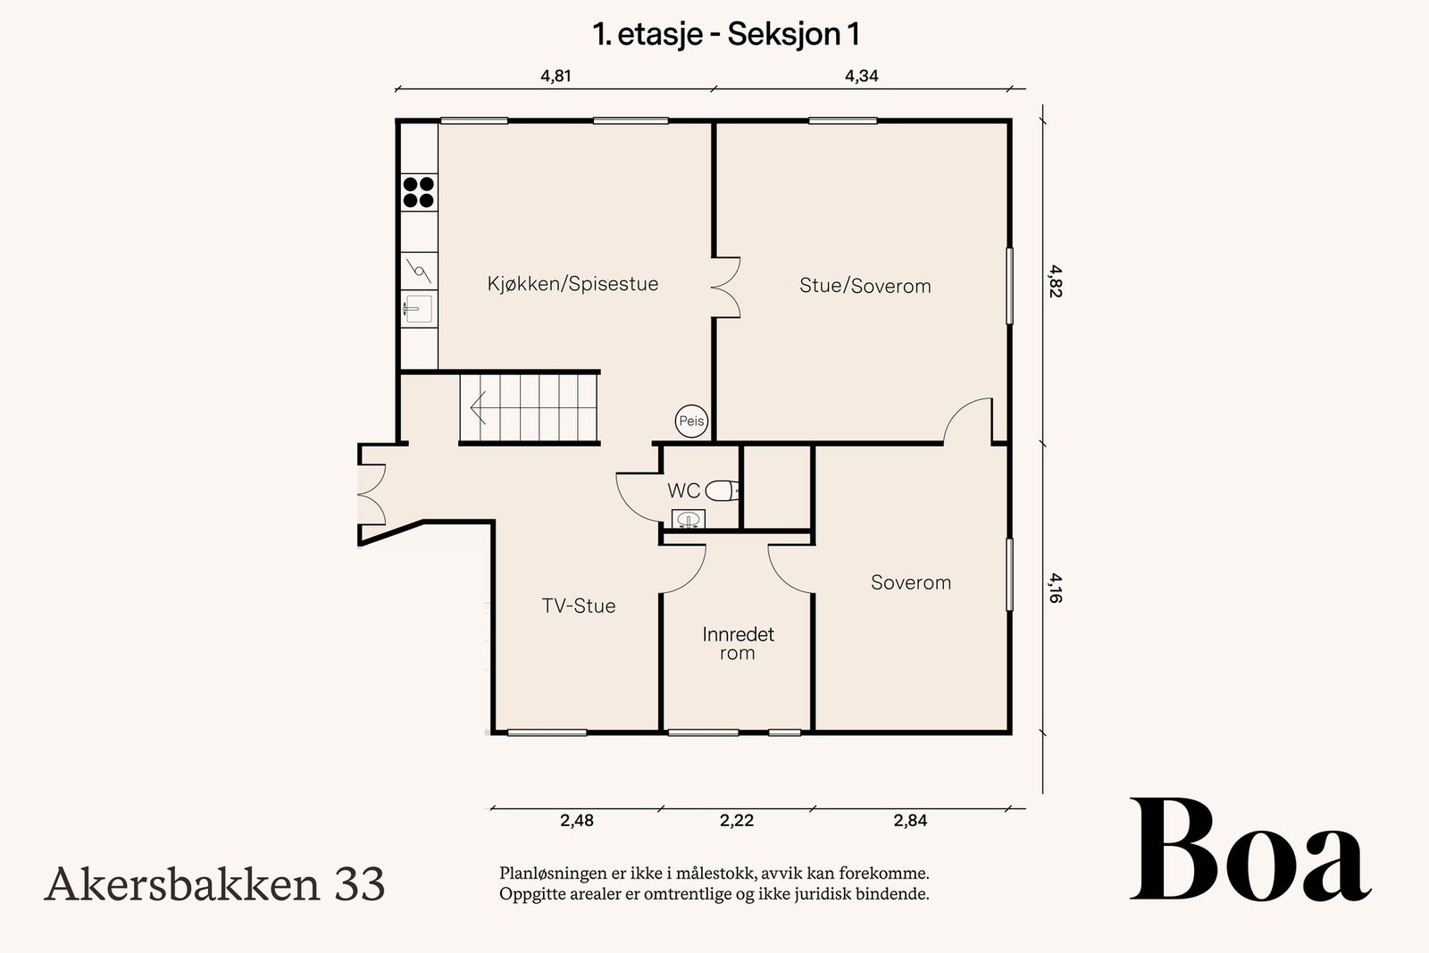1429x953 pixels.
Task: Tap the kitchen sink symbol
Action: tap(418, 309)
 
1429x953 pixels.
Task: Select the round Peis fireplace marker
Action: tap(691, 421)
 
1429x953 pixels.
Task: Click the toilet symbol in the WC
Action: tap(723, 490)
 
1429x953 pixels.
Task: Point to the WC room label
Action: tap(684, 490)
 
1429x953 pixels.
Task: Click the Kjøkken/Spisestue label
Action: tap(572, 284)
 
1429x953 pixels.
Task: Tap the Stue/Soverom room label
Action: tap(865, 286)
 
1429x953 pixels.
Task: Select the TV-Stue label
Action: tap(579, 606)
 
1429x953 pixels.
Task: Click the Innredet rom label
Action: tap(738, 643)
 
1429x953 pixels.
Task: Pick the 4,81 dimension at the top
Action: tap(556, 76)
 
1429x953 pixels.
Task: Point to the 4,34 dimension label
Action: tap(862, 76)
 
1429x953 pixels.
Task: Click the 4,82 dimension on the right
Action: tap(1055, 281)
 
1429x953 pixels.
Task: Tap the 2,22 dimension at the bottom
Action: tap(737, 820)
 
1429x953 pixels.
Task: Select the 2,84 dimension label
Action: tap(910, 820)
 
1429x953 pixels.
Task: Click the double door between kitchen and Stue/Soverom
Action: tap(726, 287)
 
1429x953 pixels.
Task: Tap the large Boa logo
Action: tap(1249, 851)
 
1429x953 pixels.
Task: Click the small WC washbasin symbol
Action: tap(688, 519)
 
